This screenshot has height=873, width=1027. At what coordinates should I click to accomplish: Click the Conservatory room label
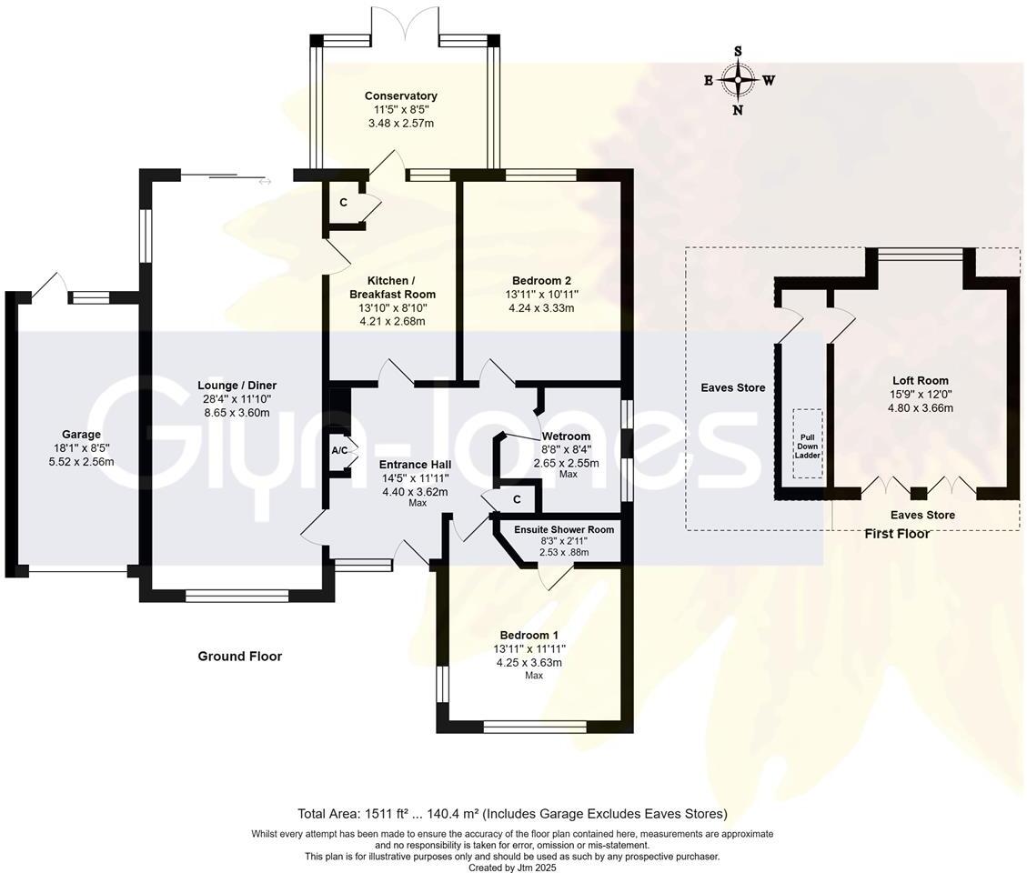point(401,95)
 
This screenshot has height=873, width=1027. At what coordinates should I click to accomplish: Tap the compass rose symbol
point(738,80)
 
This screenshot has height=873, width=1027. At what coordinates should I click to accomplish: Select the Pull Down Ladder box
point(808,444)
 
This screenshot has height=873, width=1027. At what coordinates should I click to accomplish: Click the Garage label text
point(81,434)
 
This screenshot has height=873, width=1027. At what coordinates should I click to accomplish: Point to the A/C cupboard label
point(339,450)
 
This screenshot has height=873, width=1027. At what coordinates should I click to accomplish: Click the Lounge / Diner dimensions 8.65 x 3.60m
point(237,413)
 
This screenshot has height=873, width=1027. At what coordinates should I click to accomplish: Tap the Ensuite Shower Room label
point(564,529)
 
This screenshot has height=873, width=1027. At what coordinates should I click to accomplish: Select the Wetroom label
point(566,436)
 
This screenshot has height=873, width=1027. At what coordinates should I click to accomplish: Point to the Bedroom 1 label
point(529,635)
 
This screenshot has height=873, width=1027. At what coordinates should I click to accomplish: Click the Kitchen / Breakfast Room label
point(392,287)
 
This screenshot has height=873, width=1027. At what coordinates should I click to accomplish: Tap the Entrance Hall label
point(415,465)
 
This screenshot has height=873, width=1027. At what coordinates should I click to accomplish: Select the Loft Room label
point(921,380)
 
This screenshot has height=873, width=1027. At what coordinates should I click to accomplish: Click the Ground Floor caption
point(240,657)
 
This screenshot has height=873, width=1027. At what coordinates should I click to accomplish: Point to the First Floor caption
point(897,534)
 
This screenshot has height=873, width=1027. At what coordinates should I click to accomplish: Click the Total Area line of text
point(513,814)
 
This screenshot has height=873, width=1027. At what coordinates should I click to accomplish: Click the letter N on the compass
point(738,110)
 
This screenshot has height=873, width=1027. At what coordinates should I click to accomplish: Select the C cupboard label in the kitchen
point(343,203)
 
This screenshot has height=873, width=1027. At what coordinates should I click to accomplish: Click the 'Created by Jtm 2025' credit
point(512,868)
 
